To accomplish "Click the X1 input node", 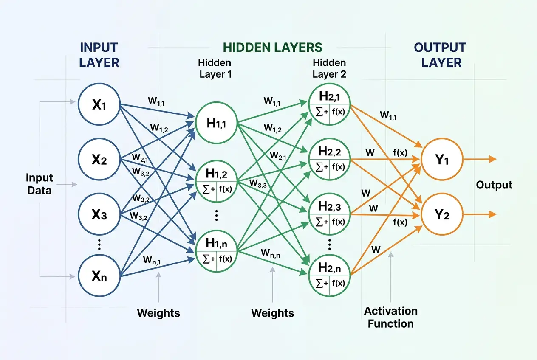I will [x=99, y=104].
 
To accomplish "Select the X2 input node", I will [x=99, y=160].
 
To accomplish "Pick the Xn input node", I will [x=99, y=276].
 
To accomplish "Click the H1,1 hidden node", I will [x=216, y=123].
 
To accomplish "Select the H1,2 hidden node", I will [x=216, y=180].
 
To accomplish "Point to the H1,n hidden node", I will [x=216, y=250].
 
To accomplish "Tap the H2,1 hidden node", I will [x=330, y=104].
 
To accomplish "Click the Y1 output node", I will [x=441, y=160].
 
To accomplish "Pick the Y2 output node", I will [x=441, y=215].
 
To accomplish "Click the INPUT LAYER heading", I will [x=99, y=55].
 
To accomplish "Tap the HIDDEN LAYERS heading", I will [x=273, y=47].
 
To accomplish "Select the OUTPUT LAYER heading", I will [x=440, y=55].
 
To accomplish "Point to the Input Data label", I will [x=39, y=184].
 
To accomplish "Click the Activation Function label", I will [x=390, y=317].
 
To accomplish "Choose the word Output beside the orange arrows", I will [x=494, y=185].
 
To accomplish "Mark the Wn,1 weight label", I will [x=152, y=259].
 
